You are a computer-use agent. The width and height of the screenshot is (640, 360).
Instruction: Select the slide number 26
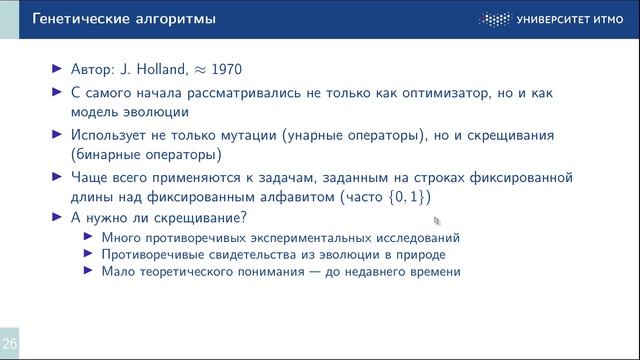click(x=9, y=341)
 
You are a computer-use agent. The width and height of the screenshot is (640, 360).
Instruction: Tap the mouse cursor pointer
click(x=436, y=221)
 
